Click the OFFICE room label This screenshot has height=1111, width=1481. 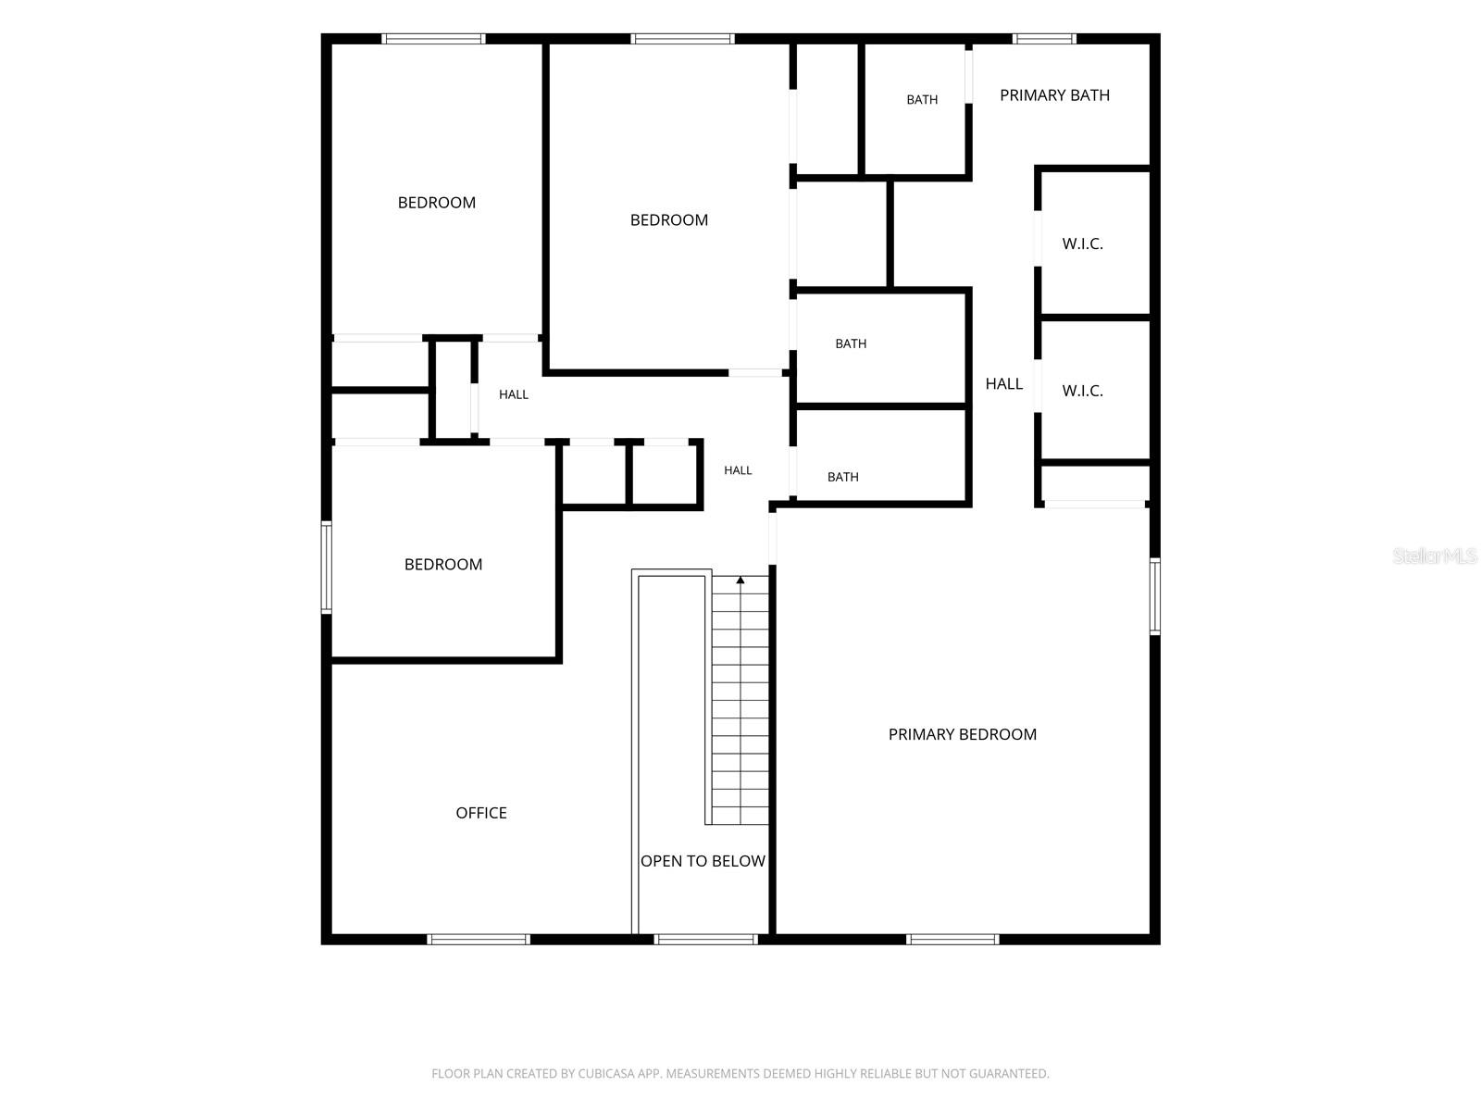[480, 813]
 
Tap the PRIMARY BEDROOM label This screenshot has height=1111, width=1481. [962, 734]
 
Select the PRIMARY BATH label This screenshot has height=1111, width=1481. [1054, 95]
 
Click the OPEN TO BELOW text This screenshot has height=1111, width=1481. [703, 861]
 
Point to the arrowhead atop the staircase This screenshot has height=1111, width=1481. [740, 580]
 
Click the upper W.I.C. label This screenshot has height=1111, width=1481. [1082, 244]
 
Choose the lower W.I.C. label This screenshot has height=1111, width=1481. [1082, 392]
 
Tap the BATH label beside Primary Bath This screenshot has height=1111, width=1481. [922, 100]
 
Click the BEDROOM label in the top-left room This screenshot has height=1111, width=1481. [437, 203]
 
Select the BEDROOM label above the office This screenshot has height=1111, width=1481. [443, 565]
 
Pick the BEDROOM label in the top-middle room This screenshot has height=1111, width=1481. [668, 220]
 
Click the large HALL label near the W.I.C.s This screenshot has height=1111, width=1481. [1004, 384]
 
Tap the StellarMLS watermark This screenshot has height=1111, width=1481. [1435, 555]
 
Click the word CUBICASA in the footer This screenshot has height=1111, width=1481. [602, 1074]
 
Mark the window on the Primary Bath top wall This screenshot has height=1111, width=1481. [1044, 39]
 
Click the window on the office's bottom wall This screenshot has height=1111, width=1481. [479, 939]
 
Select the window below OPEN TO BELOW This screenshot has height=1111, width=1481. [705, 939]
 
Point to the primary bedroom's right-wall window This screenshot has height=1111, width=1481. [1155, 596]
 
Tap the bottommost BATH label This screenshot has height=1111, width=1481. [842, 478]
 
